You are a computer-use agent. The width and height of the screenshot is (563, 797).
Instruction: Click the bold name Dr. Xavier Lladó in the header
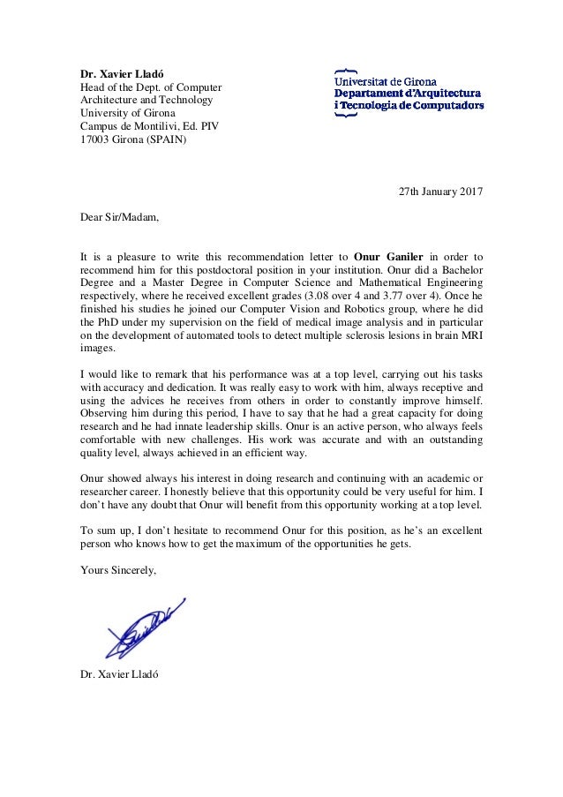click(119, 74)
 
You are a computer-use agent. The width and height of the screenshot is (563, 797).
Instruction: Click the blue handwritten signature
click(145, 628)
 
